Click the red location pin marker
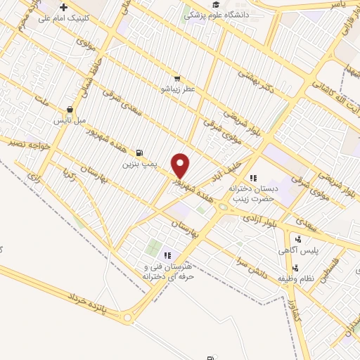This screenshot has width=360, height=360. [181, 165]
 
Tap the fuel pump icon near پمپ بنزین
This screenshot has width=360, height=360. [139, 152]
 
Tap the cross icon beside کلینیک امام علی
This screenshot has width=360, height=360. [63, 6]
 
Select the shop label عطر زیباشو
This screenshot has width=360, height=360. [177, 89]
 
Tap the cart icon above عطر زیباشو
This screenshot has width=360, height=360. [177, 79]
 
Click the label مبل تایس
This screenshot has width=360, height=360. [70, 120]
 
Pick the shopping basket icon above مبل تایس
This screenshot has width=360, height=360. [70, 110]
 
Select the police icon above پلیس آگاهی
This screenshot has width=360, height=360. [297, 239]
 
